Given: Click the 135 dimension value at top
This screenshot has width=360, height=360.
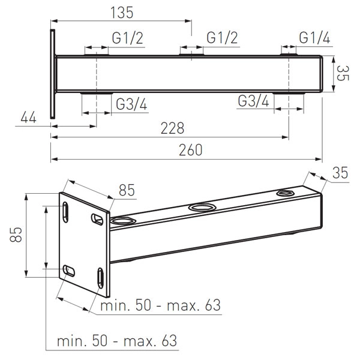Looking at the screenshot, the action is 122,13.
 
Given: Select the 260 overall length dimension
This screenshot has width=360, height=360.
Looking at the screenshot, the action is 191,150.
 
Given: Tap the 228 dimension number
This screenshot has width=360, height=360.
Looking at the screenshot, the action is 172,128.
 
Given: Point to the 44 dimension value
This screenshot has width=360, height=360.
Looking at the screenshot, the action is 28,118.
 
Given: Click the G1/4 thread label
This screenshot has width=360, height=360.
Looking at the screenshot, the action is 314,38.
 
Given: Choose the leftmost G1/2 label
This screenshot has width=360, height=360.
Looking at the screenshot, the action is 127,38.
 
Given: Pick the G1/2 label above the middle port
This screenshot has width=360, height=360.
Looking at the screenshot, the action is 222,38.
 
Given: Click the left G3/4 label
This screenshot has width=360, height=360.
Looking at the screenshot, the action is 131,104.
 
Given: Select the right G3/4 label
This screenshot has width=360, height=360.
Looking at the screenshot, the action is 253,101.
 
